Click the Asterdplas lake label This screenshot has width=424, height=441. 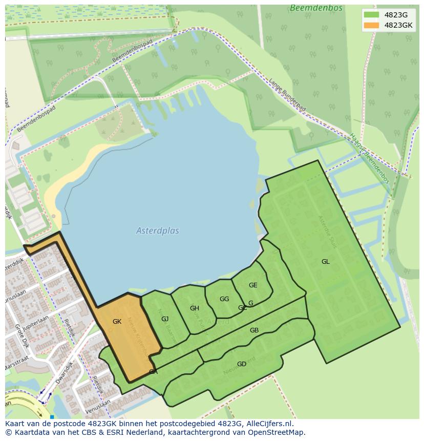(158, 230)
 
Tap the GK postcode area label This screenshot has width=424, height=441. (117, 322)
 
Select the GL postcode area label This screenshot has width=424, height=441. (325, 262)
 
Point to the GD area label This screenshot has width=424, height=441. (241, 364)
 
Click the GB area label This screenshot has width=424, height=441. (254, 330)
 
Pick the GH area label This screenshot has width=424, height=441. (194, 308)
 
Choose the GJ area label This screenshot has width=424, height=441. (165, 319)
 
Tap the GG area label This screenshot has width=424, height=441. (224, 299)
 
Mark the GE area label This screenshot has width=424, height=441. (253, 285)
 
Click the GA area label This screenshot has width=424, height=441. (153, 372)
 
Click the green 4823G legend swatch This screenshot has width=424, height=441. (372, 15)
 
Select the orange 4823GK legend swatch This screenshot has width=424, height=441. (372, 25)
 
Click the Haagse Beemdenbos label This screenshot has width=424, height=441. (369, 158)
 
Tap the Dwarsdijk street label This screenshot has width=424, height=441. (65, 373)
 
